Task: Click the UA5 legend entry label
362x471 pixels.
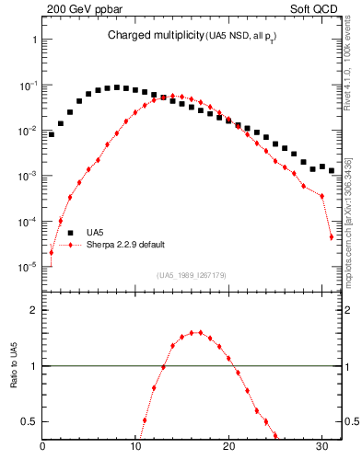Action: [x=95, y=232]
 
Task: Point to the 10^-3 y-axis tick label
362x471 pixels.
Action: [x=27, y=176]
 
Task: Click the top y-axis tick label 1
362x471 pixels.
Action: [x=34, y=40]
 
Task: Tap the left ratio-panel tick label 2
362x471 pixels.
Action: [x=34, y=310]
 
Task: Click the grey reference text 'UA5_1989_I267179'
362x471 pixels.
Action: [x=191, y=275]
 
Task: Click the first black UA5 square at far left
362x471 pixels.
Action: [x=52, y=134]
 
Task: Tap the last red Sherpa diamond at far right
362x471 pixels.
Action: [x=331, y=237]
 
